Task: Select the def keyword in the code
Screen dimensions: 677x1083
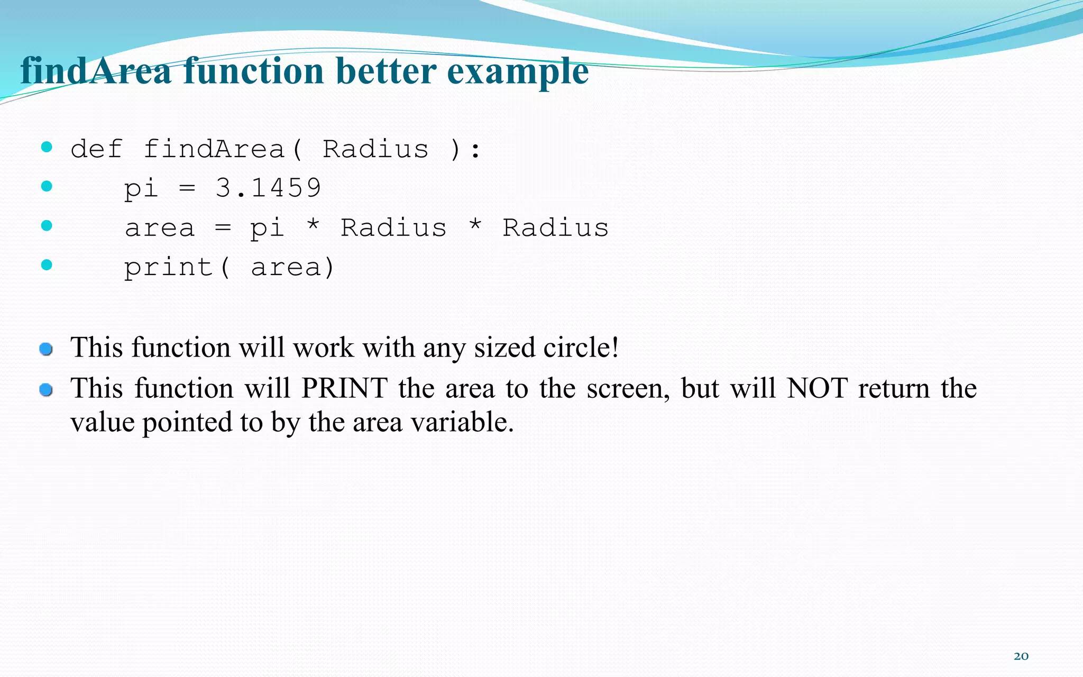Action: (96, 149)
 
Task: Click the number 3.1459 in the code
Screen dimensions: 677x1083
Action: (268, 188)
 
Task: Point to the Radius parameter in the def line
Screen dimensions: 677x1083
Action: (375, 149)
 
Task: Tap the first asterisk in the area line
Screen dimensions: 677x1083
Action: (313, 226)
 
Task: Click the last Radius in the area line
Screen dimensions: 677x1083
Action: (555, 228)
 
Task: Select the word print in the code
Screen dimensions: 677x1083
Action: (168, 268)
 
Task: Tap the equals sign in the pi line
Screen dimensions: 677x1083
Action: (187, 188)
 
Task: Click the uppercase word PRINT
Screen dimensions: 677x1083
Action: (344, 388)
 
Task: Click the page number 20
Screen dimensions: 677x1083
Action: (1021, 656)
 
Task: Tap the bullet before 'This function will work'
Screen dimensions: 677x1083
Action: (46, 349)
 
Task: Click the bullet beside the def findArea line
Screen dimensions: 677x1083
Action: (47, 147)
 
